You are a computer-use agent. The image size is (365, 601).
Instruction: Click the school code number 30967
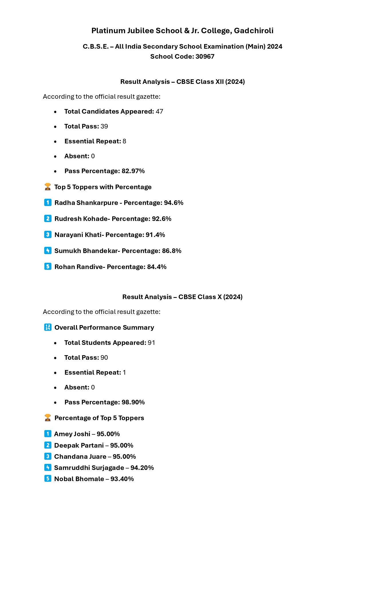pyautogui.click(x=205, y=56)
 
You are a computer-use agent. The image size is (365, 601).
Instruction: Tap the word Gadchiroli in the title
pyautogui.click(x=254, y=31)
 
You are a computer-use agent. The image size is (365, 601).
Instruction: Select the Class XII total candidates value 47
pyautogui.click(x=159, y=111)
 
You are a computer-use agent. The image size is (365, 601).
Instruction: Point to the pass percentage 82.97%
pyautogui.click(x=133, y=171)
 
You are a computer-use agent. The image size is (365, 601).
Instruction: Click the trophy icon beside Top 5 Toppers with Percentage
pyautogui.click(x=48, y=187)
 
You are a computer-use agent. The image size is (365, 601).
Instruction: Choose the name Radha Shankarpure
pyautogui.click(x=86, y=203)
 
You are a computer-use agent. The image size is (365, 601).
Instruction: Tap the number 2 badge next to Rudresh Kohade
pyautogui.click(x=48, y=219)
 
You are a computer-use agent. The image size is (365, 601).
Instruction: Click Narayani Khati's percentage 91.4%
pyautogui.click(x=155, y=235)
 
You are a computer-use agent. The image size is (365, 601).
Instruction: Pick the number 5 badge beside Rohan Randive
pyautogui.click(x=48, y=266)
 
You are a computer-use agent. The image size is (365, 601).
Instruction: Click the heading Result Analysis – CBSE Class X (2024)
pyautogui.click(x=182, y=297)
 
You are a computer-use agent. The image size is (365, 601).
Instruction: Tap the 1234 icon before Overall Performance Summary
pyautogui.click(x=48, y=327)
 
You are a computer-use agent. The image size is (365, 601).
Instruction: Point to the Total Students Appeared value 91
pyautogui.click(x=151, y=343)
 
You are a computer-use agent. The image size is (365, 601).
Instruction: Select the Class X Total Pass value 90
pyautogui.click(x=104, y=357)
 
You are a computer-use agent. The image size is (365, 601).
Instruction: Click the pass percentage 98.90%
pyautogui.click(x=133, y=402)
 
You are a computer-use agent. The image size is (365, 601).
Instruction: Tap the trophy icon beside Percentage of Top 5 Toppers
pyautogui.click(x=48, y=418)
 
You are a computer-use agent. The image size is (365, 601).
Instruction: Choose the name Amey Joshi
pyautogui.click(x=72, y=434)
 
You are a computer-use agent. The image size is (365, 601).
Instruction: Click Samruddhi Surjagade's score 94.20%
pyautogui.click(x=142, y=468)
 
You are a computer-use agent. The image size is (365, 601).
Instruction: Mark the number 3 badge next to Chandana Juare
pyautogui.click(x=48, y=456)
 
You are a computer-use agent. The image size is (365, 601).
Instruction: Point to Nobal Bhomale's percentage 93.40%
pyautogui.click(x=122, y=479)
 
